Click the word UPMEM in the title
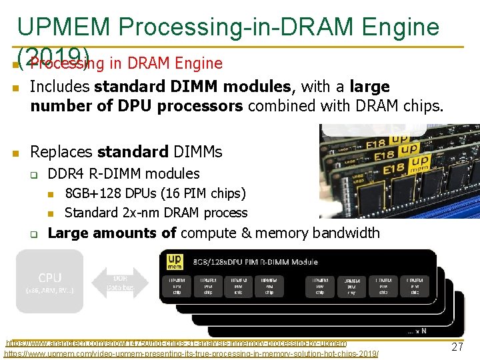[x=63, y=26]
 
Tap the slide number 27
[x=457, y=347]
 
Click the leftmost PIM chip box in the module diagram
[x=177, y=285]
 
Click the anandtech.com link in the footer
[x=176, y=343]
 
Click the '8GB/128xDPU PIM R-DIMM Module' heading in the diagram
[x=254, y=261]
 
